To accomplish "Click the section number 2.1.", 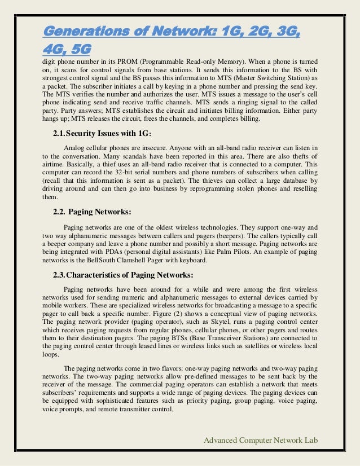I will pyautogui.click(x=59, y=133).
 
